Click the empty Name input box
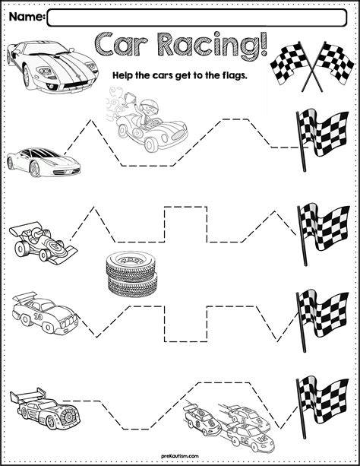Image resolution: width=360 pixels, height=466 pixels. tap(197, 17)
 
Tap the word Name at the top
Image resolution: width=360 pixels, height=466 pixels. tap(26, 17)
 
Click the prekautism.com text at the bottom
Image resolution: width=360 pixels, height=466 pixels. tap(180, 456)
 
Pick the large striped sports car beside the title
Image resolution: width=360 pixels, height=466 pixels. tap(52, 67)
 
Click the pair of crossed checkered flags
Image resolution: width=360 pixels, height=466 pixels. tap(312, 66)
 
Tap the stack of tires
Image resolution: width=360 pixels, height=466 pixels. tap(131, 274)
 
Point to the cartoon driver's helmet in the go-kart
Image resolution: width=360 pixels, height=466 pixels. tap(146, 106)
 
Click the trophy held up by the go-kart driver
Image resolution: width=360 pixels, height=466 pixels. tap(130, 97)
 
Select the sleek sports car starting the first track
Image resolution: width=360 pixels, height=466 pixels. tap(43, 162)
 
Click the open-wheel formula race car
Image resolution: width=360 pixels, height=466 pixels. tap(43, 243)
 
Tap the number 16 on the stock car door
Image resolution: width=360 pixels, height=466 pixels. tap(38, 317)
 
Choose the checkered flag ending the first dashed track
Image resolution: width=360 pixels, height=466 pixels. tap(322, 139)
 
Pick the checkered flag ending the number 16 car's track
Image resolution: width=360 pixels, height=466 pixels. tap(322, 320)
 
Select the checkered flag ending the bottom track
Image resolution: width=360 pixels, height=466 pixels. tap(322, 407)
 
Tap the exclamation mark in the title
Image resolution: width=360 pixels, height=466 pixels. tap(263, 45)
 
